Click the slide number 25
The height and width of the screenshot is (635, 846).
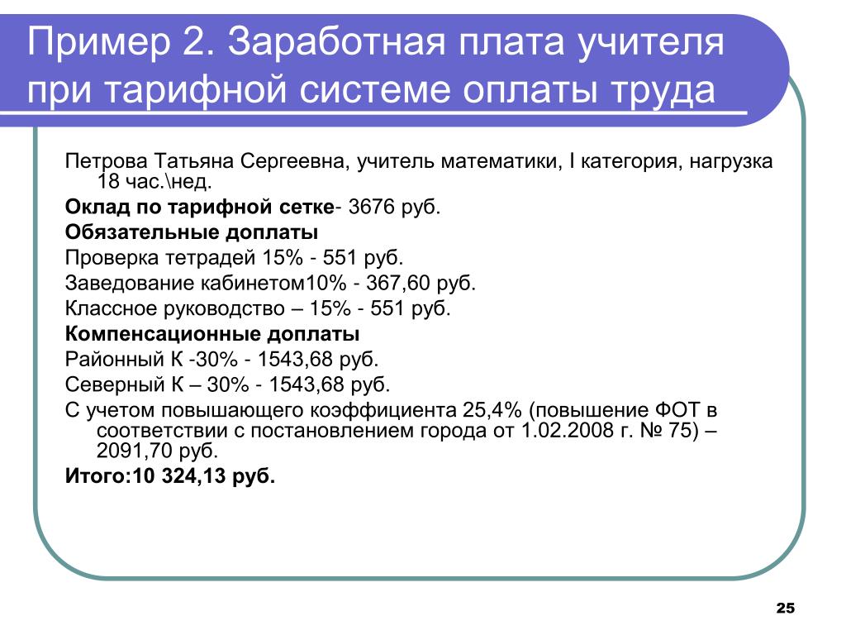coord(785,608)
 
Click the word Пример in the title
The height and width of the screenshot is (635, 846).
coord(98,43)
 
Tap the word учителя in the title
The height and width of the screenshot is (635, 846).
coord(651,43)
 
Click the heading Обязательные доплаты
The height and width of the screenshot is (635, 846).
coord(192,232)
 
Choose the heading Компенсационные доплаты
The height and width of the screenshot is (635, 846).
coord(212,334)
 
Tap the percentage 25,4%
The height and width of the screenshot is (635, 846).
coord(492,410)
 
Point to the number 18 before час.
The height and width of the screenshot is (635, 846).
coord(108,181)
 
